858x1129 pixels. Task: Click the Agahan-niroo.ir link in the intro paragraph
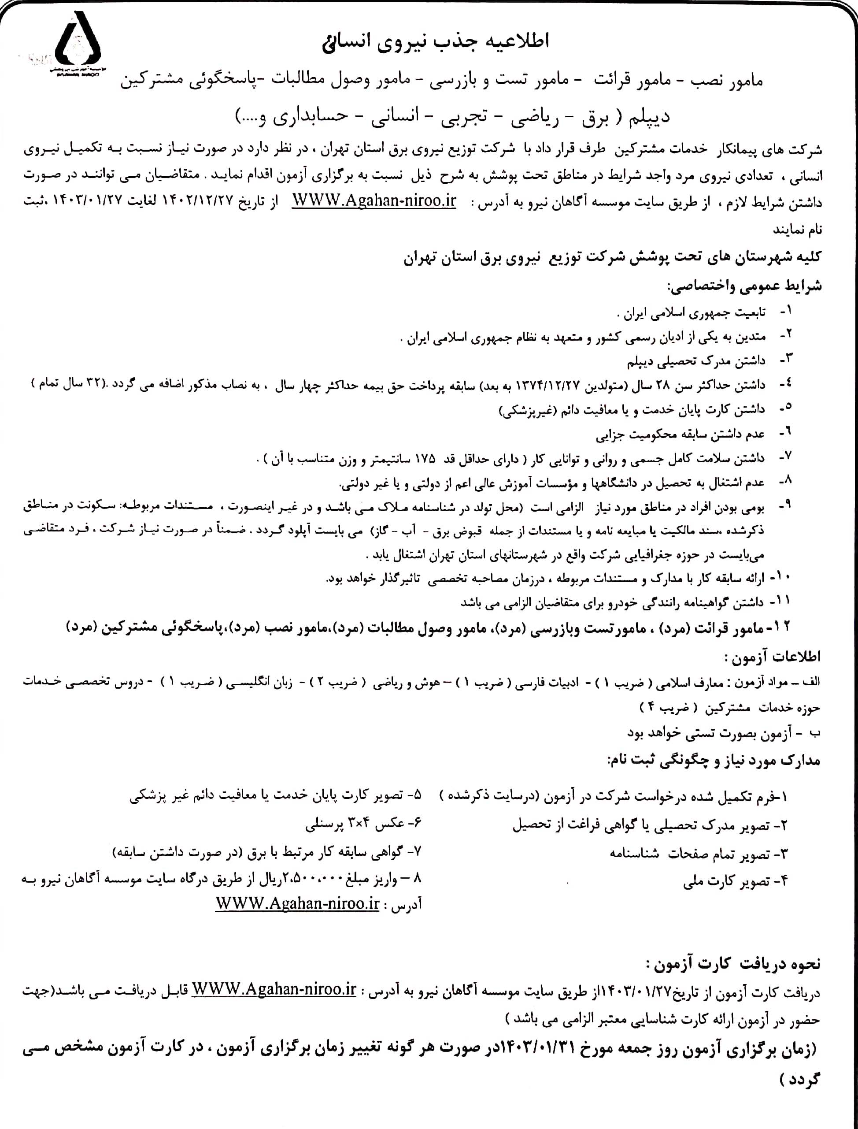374,200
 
